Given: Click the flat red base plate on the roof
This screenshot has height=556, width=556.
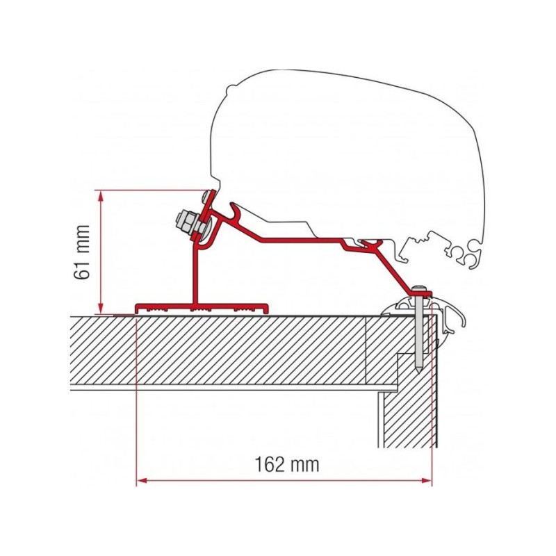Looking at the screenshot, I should (x=202, y=306).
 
